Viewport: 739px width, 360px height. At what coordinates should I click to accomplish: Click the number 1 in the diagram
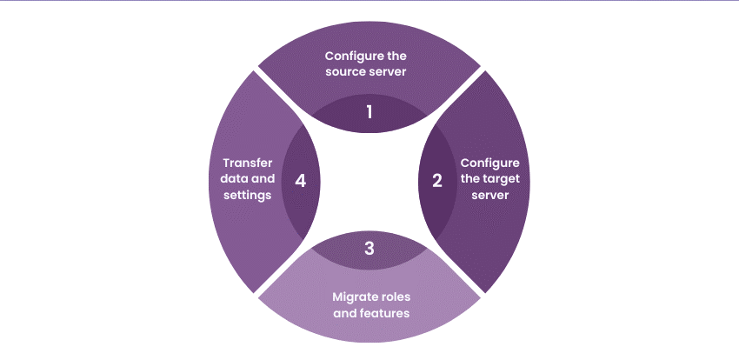(x=369, y=113)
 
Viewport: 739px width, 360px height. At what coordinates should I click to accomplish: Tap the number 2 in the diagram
(x=437, y=181)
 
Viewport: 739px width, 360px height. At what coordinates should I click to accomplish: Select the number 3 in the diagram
(x=369, y=249)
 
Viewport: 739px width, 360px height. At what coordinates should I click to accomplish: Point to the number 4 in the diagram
(x=301, y=181)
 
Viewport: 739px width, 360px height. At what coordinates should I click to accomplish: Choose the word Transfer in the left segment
(x=249, y=163)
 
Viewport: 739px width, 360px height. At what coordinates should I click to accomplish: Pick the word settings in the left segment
(x=249, y=196)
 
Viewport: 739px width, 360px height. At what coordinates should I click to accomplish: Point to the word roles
(x=393, y=296)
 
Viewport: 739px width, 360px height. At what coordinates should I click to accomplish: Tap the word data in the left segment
(x=236, y=179)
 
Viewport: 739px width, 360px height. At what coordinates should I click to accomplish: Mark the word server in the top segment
(x=389, y=71)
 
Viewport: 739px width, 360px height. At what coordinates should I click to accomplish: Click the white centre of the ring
(x=369, y=181)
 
